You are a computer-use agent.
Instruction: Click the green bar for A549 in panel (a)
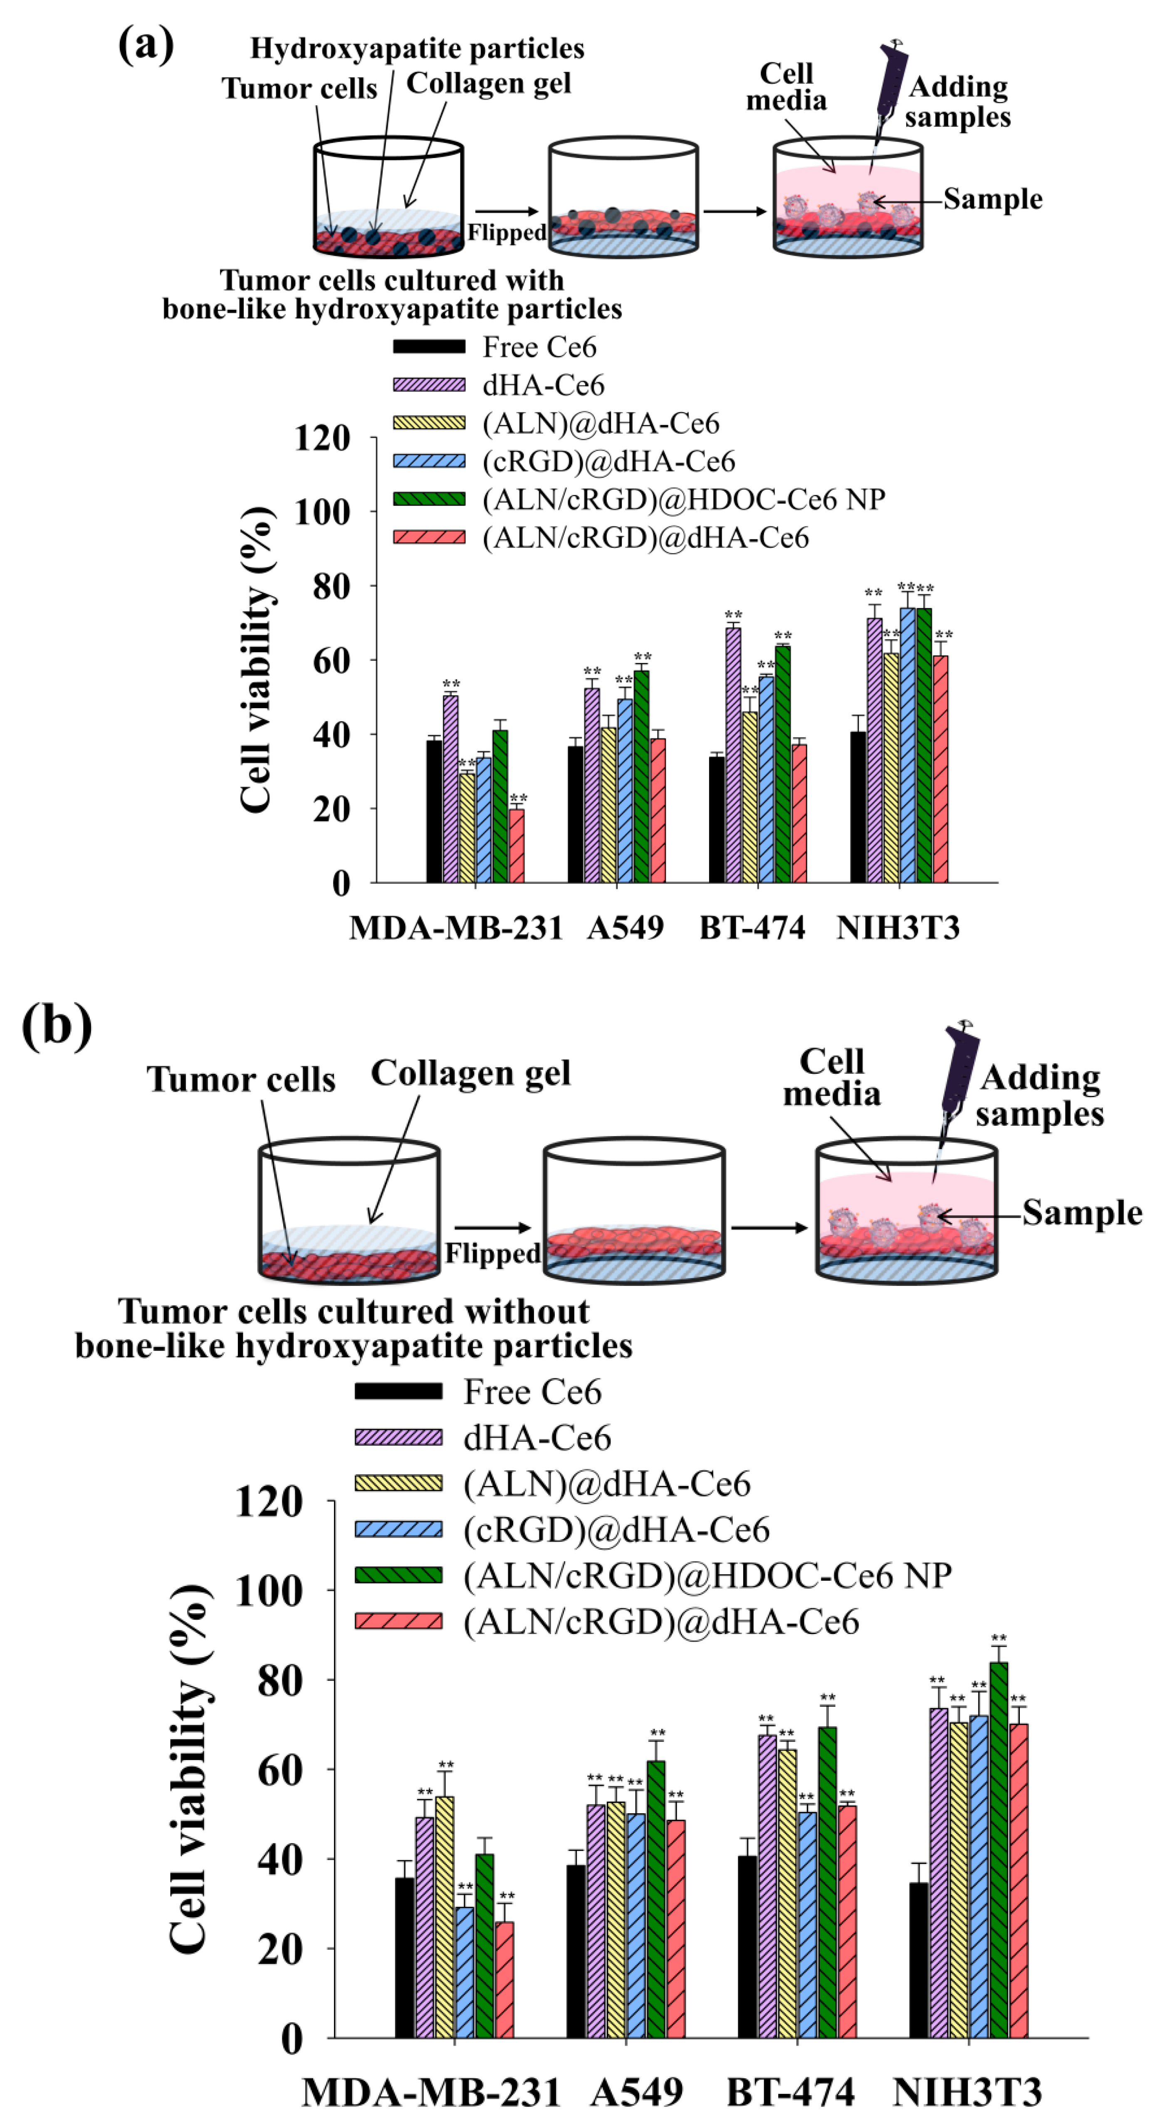tap(641, 776)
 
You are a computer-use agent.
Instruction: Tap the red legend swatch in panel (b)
tap(398, 1621)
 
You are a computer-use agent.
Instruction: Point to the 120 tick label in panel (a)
tap(322, 438)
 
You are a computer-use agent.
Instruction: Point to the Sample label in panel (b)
tap(1082, 1212)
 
